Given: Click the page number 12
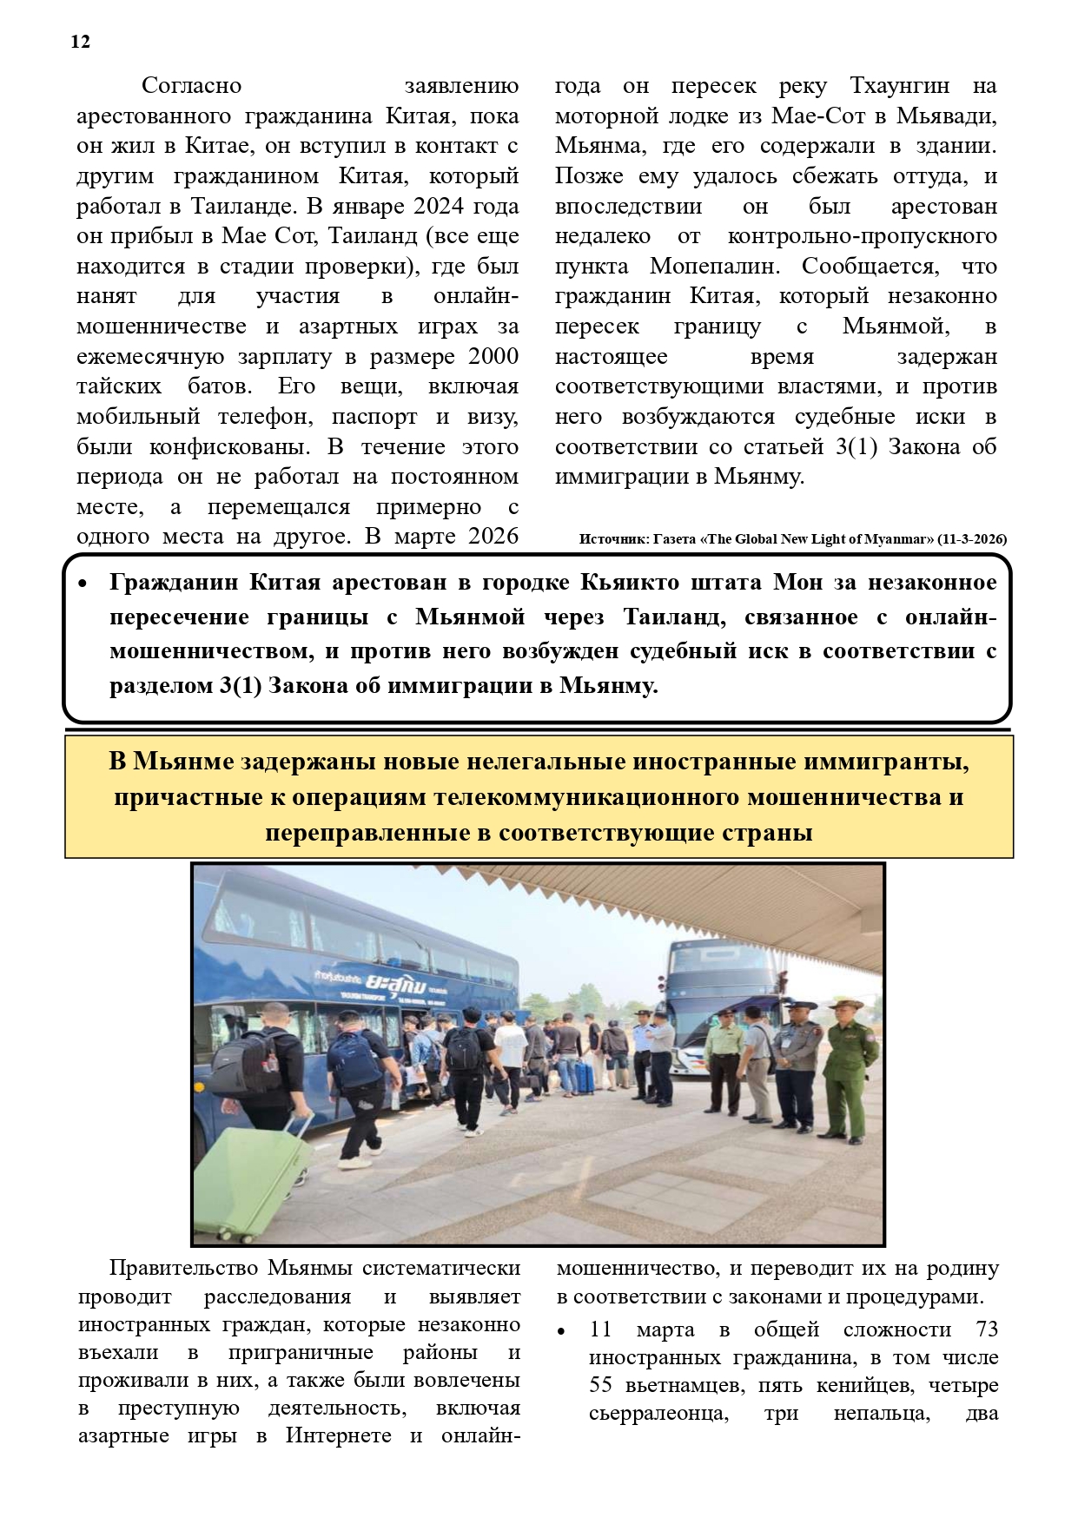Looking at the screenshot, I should pos(80,42).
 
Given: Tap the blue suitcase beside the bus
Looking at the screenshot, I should pos(584,1076).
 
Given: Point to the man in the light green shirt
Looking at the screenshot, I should pos(721,1061).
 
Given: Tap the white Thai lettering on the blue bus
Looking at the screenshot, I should pos(394,985).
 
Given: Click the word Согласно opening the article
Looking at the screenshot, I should pos(191,86).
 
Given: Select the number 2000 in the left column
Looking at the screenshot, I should pos(493,357).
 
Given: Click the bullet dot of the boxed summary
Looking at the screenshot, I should pos(83,584).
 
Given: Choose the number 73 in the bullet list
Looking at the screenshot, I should pos(987,1330).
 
